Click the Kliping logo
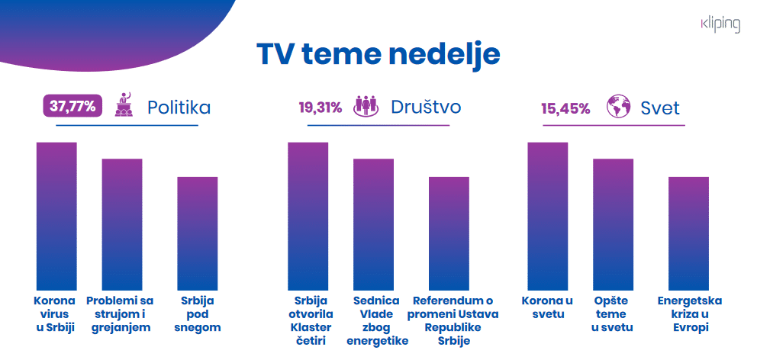pos(720,25)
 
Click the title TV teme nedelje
pos(378,55)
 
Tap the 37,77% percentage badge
pos(72,107)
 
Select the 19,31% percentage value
pos(320,108)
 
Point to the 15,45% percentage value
pos(565,108)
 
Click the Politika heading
pos(179,108)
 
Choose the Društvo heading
pos(426,108)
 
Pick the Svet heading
pos(660,108)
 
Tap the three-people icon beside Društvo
pos(366,107)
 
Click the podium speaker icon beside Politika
pos(124,106)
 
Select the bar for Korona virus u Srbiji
pos(56,214)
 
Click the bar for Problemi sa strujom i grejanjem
pos(122,222)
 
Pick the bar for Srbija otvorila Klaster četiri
pos(308,214)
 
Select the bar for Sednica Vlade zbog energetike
pos(373,222)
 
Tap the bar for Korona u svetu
pos(548,214)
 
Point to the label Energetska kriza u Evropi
pos(690,313)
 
